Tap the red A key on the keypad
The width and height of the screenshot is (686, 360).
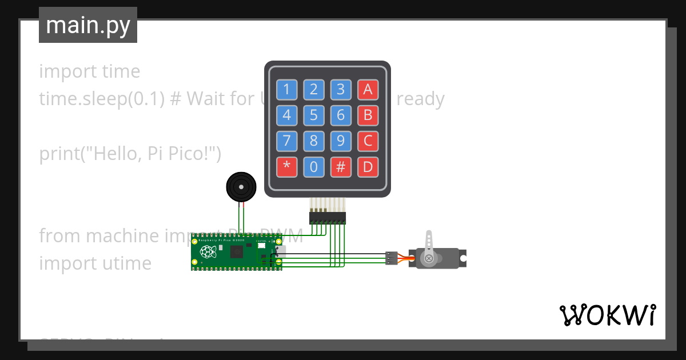(x=368, y=89)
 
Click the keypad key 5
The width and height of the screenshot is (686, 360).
(x=314, y=116)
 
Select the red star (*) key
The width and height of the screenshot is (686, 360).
(x=286, y=167)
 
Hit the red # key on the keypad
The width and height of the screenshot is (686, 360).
(x=341, y=167)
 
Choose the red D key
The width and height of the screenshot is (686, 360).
(x=368, y=167)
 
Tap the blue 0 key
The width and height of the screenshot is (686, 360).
(x=314, y=167)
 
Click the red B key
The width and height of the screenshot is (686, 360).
(x=368, y=116)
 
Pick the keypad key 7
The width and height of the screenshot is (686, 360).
(x=286, y=141)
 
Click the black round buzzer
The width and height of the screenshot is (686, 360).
(x=241, y=186)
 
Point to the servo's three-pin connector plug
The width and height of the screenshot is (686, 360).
(x=392, y=258)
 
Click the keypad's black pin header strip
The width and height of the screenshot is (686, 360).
(x=328, y=218)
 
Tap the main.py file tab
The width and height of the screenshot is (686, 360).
(x=88, y=25)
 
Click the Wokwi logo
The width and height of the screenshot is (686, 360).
(x=607, y=315)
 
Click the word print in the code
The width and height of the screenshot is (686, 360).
(x=60, y=154)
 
